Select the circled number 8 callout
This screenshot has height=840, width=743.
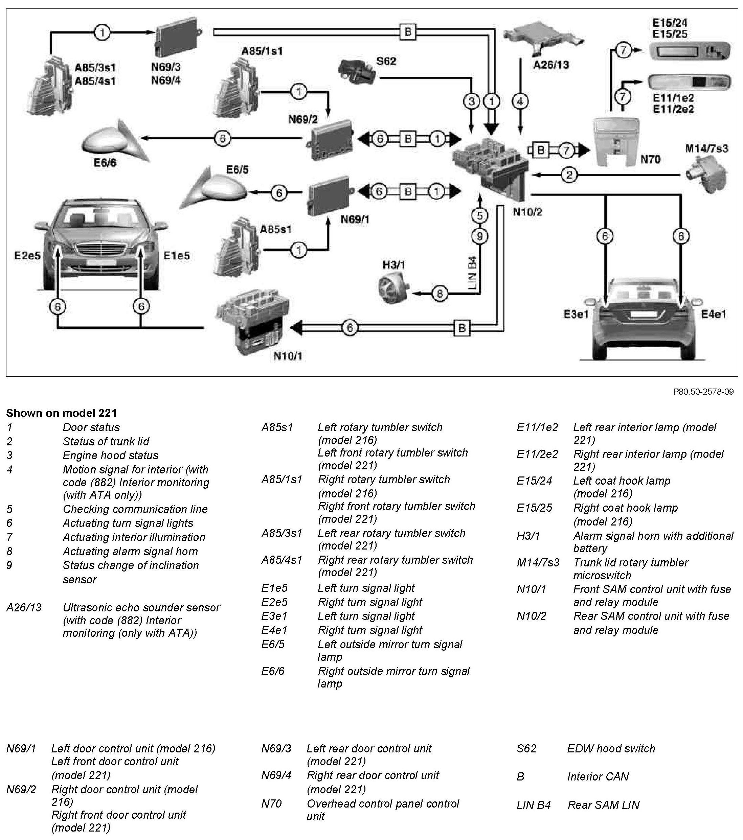coord(440,294)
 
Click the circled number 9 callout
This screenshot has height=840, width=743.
coord(479,236)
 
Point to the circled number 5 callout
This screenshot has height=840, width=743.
coord(479,215)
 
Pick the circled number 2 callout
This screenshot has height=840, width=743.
coord(569,175)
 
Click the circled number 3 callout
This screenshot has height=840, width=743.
coord(471,101)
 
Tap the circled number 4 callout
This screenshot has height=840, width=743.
coord(520,101)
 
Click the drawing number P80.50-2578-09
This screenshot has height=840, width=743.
coord(703,392)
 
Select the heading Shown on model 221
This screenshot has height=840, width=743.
coord(61,413)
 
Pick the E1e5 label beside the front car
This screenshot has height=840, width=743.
coord(176,256)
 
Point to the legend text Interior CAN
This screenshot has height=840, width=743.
coord(598,776)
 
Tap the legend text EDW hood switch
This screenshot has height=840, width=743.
coord(611,748)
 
